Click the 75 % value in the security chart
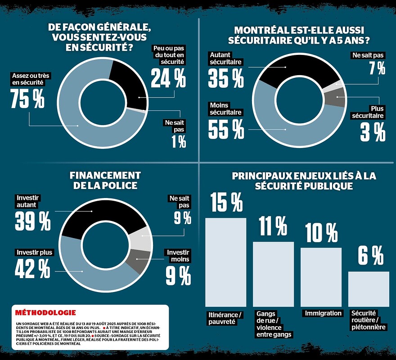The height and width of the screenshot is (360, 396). pyautogui.click(x=27, y=99)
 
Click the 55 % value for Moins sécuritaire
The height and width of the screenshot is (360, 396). pyautogui.click(x=226, y=128)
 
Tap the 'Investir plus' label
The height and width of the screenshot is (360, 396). pyautogui.click(x=34, y=252)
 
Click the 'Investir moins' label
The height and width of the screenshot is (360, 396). pyautogui.click(x=176, y=256)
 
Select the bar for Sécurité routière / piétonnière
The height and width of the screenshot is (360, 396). pyautogui.click(x=369, y=289)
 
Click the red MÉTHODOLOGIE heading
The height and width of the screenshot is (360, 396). pyautogui.click(x=45, y=313)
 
